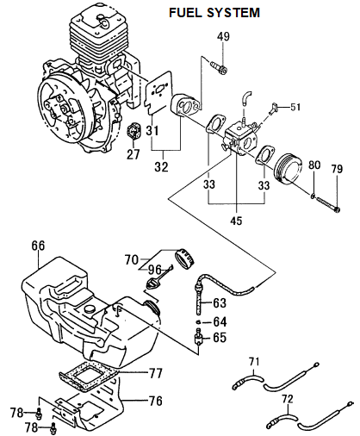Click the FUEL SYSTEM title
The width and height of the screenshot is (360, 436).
tap(214, 13)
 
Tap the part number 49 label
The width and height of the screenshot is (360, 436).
tap(223, 36)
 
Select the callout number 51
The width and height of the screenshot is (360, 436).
tap(295, 107)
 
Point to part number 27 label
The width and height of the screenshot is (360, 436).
tap(133, 154)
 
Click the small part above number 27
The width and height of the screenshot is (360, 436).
tap(133, 132)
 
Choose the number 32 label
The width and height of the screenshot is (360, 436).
tap(161, 166)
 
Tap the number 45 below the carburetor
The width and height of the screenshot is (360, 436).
tap(236, 221)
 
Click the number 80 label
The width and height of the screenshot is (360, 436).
tap(314, 165)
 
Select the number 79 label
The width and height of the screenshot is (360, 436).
tap(337, 169)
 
